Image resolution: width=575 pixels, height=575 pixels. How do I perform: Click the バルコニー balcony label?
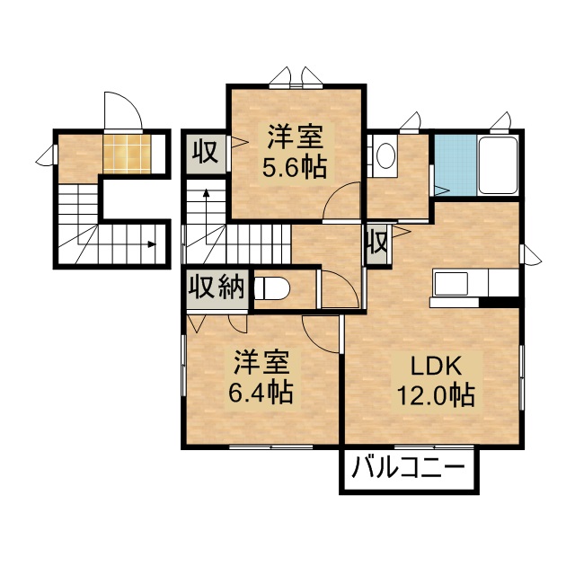[408, 468]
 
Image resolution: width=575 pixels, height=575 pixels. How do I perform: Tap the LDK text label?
[436, 367]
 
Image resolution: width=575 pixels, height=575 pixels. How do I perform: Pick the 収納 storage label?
[216, 288]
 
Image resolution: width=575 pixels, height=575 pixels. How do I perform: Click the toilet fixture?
[273, 288]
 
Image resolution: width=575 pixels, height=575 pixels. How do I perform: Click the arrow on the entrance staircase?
[147, 243]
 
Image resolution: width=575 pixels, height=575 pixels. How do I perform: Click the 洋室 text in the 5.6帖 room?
[294, 138]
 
